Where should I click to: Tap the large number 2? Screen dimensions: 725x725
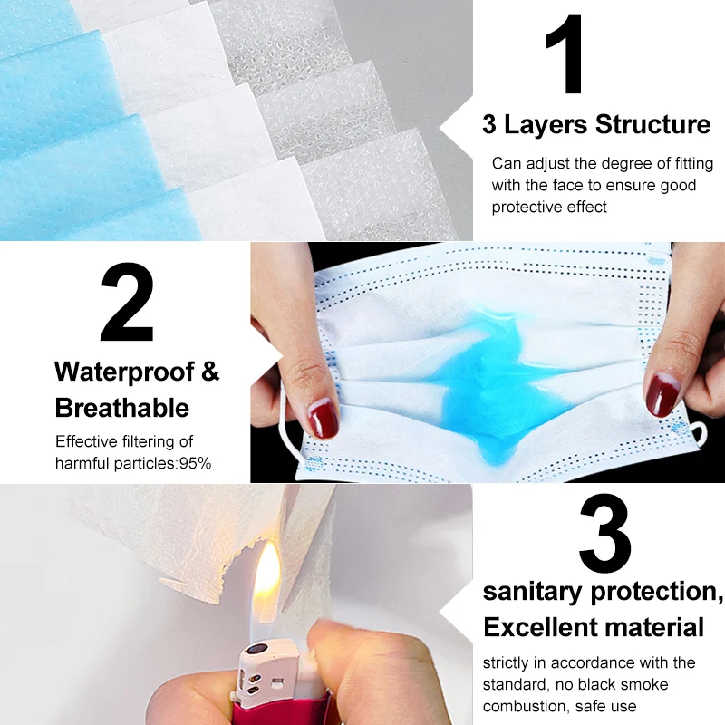tap(127, 304)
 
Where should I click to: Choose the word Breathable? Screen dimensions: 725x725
tap(122, 408)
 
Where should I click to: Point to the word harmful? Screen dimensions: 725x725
tap(80, 463)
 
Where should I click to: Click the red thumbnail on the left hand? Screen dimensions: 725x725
tap(323, 419)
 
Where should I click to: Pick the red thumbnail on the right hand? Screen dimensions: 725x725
tap(662, 391)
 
